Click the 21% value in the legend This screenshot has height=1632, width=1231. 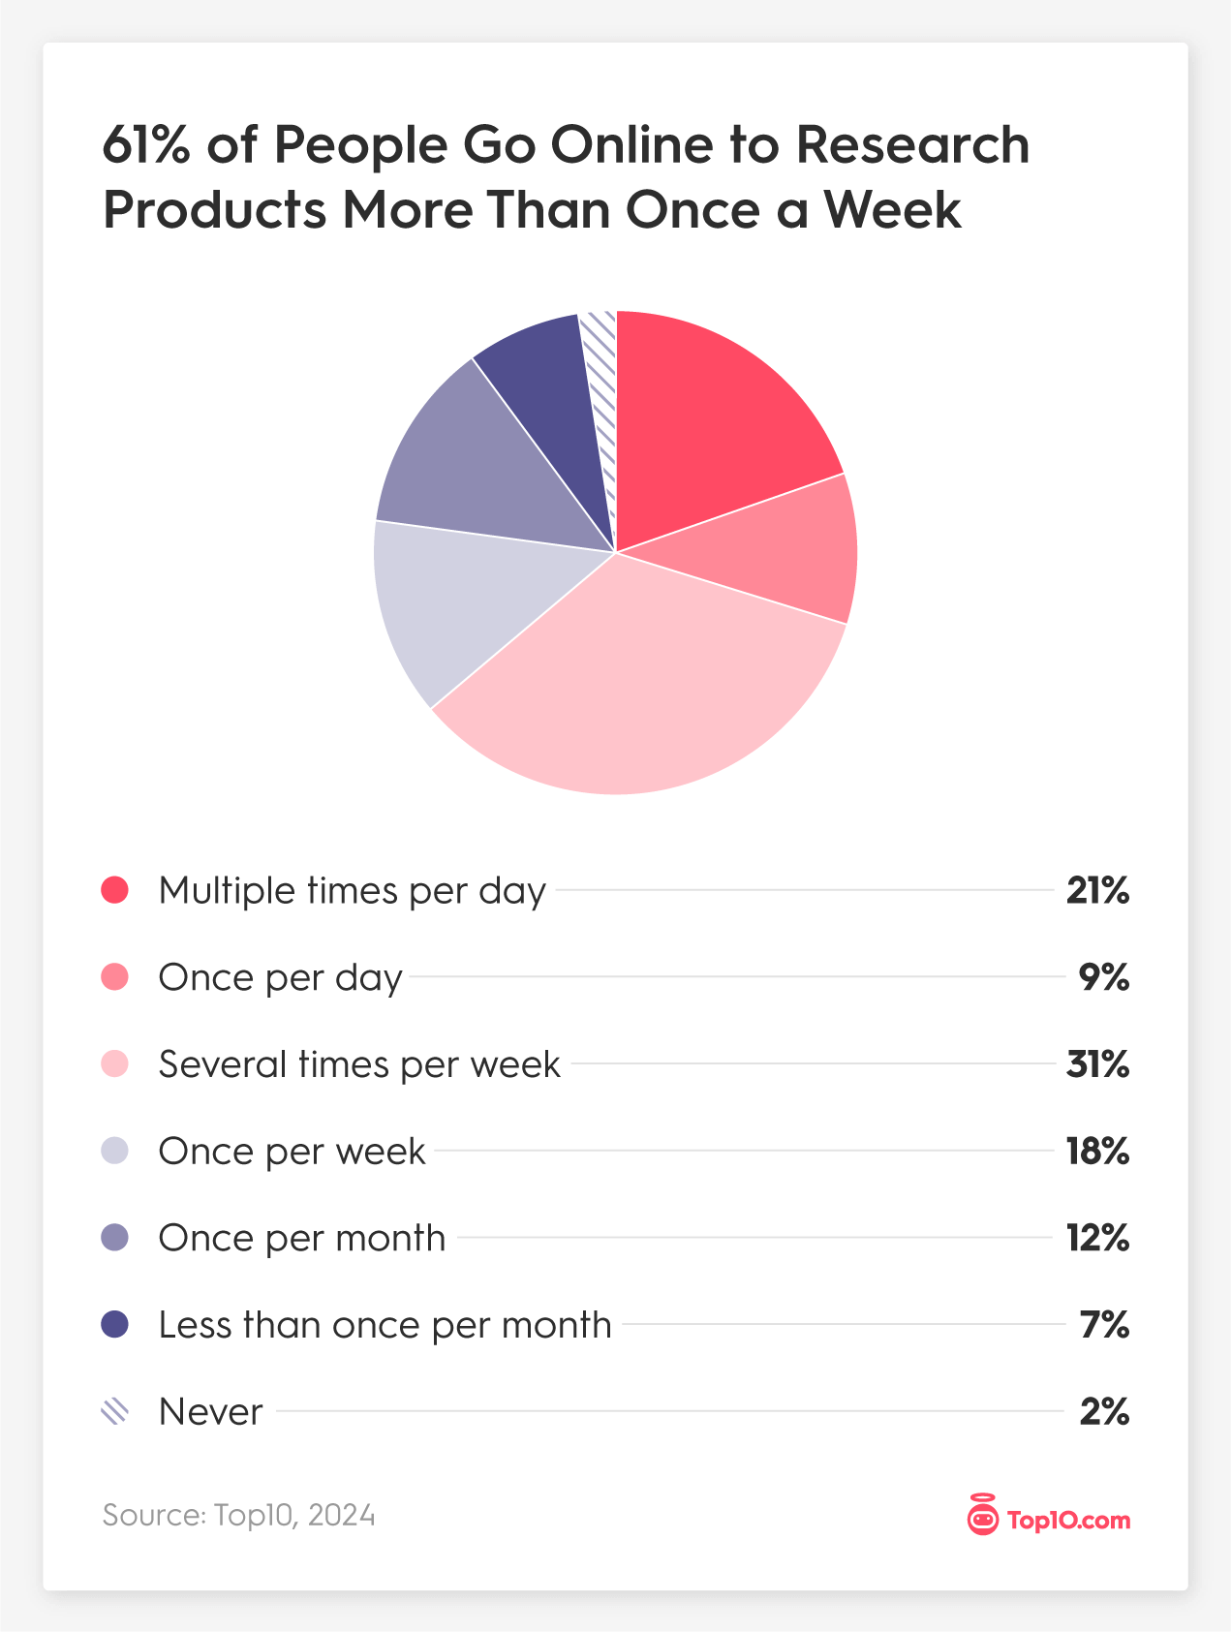pyautogui.click(x=1097, y=890)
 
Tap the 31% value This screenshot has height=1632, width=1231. pyautogui.click(x=1097, y=1064)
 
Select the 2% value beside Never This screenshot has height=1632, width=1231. pyautogui.click(x=1104, y=1412)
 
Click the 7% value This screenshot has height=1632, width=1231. pyautogui.click(x=1104, y=1325)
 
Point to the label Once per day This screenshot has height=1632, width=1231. pyautogui.click(x=280, y=977)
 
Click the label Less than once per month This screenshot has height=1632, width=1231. pyautogui.click(x=385, y=1325)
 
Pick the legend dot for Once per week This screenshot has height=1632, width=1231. pyautogui.click(x=114, y=1151)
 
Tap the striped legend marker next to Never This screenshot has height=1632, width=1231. pyautogui.click(x=114, y=1411)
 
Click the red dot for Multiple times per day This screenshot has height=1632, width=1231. pyautogui.click(x=114, y=890)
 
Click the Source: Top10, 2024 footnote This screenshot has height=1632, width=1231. pyautogui.click(x=238, y=1515)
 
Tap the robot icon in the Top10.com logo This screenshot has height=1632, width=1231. pyautogui.click(x=982, y=1517)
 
